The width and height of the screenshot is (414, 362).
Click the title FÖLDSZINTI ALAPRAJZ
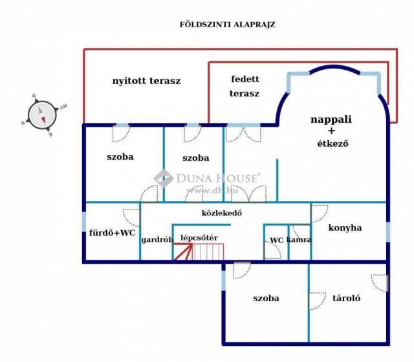click(x=227, y=25)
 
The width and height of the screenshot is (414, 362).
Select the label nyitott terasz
click(x=147, y=81)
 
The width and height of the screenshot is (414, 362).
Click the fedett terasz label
click(x=245, y=86)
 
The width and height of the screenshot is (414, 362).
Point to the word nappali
click(x=331, y=120)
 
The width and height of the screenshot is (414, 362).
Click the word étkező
click(x=332, y=144)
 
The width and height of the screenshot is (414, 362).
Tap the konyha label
click(x=345, y=228)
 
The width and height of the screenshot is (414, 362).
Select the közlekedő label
click(x=221, y=213)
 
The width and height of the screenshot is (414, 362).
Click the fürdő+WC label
click(x=112, y=233)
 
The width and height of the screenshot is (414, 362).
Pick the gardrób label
click(x=157, y=240)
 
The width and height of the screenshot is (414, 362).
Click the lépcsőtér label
click(x=199, y=238)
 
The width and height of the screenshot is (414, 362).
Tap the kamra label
click(x=299, y=240)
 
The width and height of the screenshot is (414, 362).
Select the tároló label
click(x=347, y=298)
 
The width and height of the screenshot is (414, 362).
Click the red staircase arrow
click(x=183, y=251)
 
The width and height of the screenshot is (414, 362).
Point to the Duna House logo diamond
click(x=164, y=178)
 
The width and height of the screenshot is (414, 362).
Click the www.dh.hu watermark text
click(x=212, y=191)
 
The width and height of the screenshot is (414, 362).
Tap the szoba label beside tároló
click(x=266, y=298)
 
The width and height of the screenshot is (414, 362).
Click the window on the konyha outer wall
click(x=388, y=232)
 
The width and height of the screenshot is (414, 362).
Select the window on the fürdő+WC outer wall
click(x=84, y=222)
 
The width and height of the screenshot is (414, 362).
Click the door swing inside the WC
click(x=272, y=250)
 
